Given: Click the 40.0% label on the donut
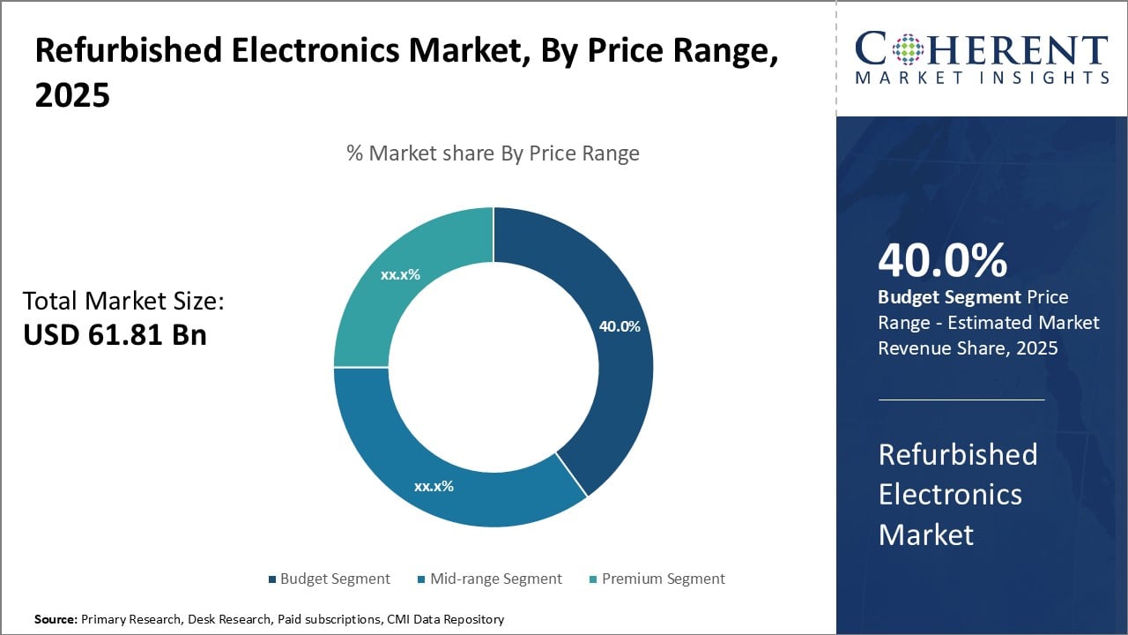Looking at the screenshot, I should point(620,326).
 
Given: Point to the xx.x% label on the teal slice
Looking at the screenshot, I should point(400,274).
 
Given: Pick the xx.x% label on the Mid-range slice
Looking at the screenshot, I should point(434,486).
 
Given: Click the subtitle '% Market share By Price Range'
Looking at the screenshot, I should point(493,153).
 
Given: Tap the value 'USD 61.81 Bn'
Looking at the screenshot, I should point(115,335).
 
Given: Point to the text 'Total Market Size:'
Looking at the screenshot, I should point(123,302).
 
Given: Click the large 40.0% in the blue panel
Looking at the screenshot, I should point(942,260).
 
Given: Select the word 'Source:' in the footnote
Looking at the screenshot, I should point(56,619).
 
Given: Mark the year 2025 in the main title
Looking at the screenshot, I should point(72,96).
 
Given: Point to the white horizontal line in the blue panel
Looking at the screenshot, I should point(961,400).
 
